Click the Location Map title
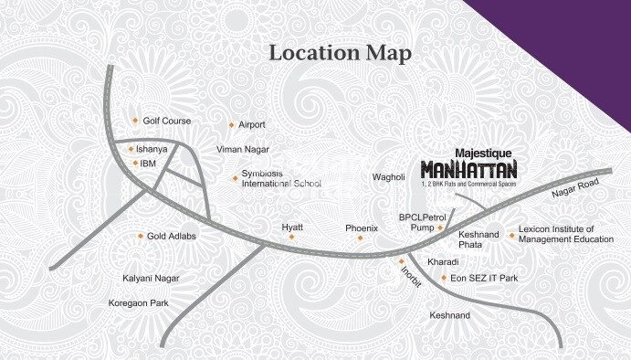coord(339,53)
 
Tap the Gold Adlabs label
coord(172,236)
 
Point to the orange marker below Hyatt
coord(293,238)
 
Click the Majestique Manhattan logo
coord(468,167)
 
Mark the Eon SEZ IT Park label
coord(482,277)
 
